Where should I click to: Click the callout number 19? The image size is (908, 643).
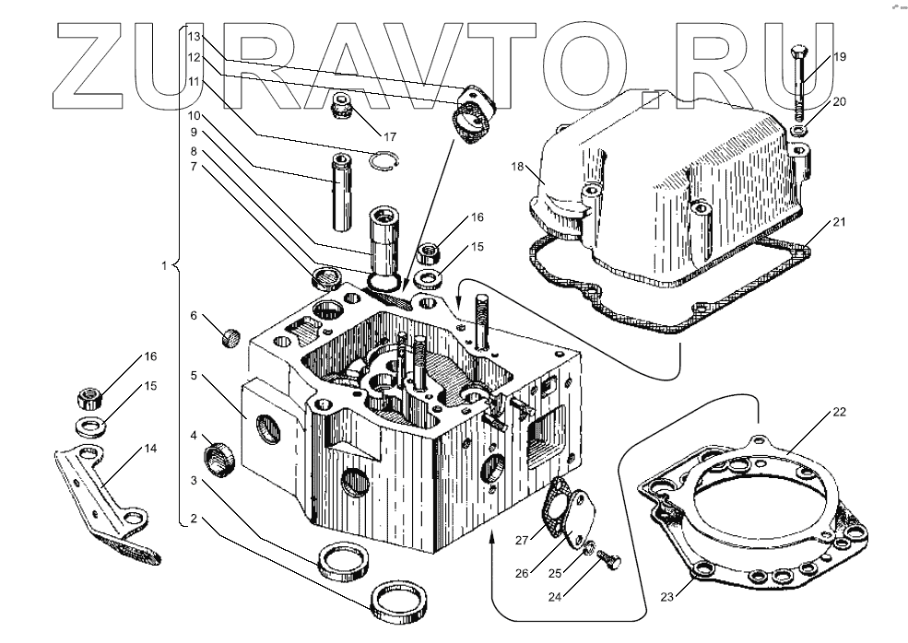[x=839, y=57]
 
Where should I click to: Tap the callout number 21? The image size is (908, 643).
[x=838, y=223]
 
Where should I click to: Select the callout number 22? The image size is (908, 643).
[x=838, y=412]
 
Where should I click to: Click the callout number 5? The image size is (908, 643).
[x=195, y=376]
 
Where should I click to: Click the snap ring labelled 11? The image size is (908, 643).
[x=389, y=161]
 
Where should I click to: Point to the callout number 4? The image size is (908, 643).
[x=195, y=435]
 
